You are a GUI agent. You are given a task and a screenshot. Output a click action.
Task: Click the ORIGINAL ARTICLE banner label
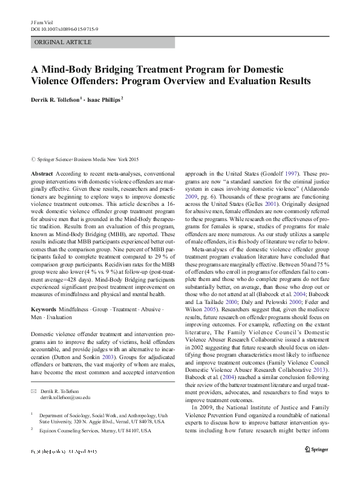(64, 42)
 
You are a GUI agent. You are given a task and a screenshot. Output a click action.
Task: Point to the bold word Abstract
(41, 173)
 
